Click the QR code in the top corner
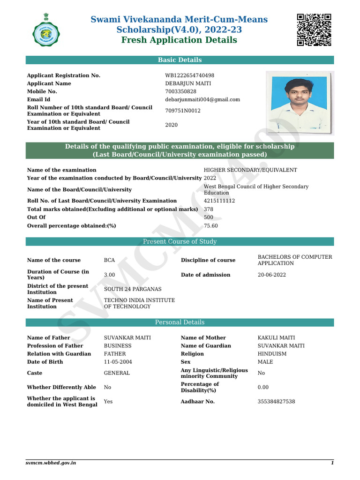tap(314, 30)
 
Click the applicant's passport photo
tap(300, 103)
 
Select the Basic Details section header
tap(180, 60)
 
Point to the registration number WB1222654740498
tap(189, 75)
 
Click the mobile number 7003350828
tap(181, 91)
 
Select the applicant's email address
tap(202, 99)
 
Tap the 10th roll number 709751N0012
tap(183, 111)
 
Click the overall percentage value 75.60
tap(211, 225)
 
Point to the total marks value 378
tap(209, 209)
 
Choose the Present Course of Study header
tap(180, 241)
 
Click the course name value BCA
tap(110, 260)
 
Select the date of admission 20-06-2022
tap(272, 275)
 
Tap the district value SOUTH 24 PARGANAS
tap(133, 289)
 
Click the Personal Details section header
tap(180, 322)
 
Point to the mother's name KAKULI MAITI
tap(277, 337)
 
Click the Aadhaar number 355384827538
tap(277, 402)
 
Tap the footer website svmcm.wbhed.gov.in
tap(51, 463)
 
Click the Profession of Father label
tap(55, 346)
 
